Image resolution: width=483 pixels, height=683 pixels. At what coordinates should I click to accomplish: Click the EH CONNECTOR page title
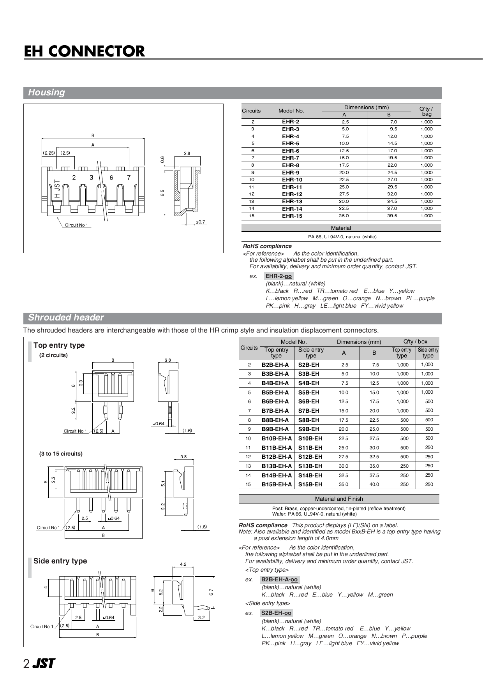click(x=84, y=51)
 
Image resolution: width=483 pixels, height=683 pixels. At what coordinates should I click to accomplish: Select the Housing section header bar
click(x=233, y=93)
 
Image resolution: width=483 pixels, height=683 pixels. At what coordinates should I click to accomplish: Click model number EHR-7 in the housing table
click(x=291, y=158)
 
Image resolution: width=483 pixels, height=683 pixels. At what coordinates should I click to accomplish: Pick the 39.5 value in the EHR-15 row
click(x=392, y=216)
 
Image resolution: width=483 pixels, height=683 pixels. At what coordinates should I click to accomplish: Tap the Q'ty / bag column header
click(x=426, y=111)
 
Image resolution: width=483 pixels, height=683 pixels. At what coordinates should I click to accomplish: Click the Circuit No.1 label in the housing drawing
click(x=76, y=225)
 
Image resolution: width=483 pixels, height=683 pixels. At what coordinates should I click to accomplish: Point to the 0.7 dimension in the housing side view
click(x=201, y=222)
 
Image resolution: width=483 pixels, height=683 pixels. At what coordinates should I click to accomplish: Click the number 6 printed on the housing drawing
click(x=111, y=178)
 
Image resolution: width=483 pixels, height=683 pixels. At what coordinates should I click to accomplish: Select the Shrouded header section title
click(x=66, y=318)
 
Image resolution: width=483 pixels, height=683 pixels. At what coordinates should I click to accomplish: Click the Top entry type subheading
click(x=59, y=345)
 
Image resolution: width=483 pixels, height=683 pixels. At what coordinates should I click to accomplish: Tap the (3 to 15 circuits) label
click(x=61, y=454)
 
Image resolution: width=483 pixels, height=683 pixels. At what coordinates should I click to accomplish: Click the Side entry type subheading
click(x=60, y=561)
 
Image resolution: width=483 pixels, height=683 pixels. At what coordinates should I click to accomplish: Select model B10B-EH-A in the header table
click(x=277, y=438)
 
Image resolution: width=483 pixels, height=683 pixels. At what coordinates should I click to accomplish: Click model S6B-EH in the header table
click(x=308, y=401)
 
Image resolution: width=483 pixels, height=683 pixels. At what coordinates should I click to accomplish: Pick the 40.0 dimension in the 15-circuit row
click(x=374, y=484)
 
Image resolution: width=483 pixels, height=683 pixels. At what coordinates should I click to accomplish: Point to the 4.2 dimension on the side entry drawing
click(x=183, y=564)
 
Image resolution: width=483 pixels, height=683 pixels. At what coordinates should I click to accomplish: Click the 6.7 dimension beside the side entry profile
click(x=211, y=592)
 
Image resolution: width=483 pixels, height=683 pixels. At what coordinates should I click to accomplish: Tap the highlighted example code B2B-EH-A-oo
click(x=279, y=580)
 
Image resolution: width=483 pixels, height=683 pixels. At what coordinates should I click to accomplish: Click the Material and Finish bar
click(x=338, y=499)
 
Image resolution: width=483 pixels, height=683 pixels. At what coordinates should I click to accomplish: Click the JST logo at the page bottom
click(x=43, y=664)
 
